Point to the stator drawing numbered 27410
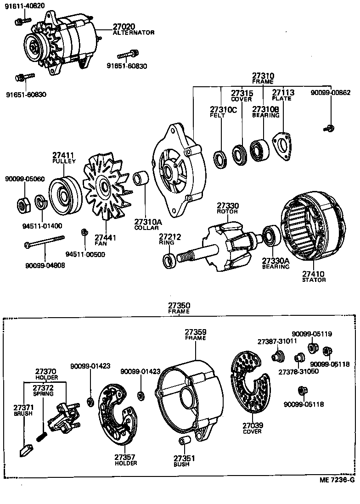tap(312, 230)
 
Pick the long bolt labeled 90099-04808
tap(44, 241)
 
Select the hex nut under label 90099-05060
tap(23, 203)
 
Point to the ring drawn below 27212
tap(169, 260)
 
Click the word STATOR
tap(314, 280)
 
